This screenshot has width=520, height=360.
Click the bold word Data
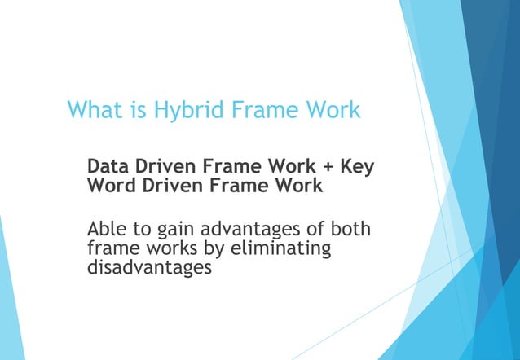(108, 166)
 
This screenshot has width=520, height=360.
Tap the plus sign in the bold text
(328, 167)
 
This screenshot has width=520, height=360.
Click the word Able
(107, 229)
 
